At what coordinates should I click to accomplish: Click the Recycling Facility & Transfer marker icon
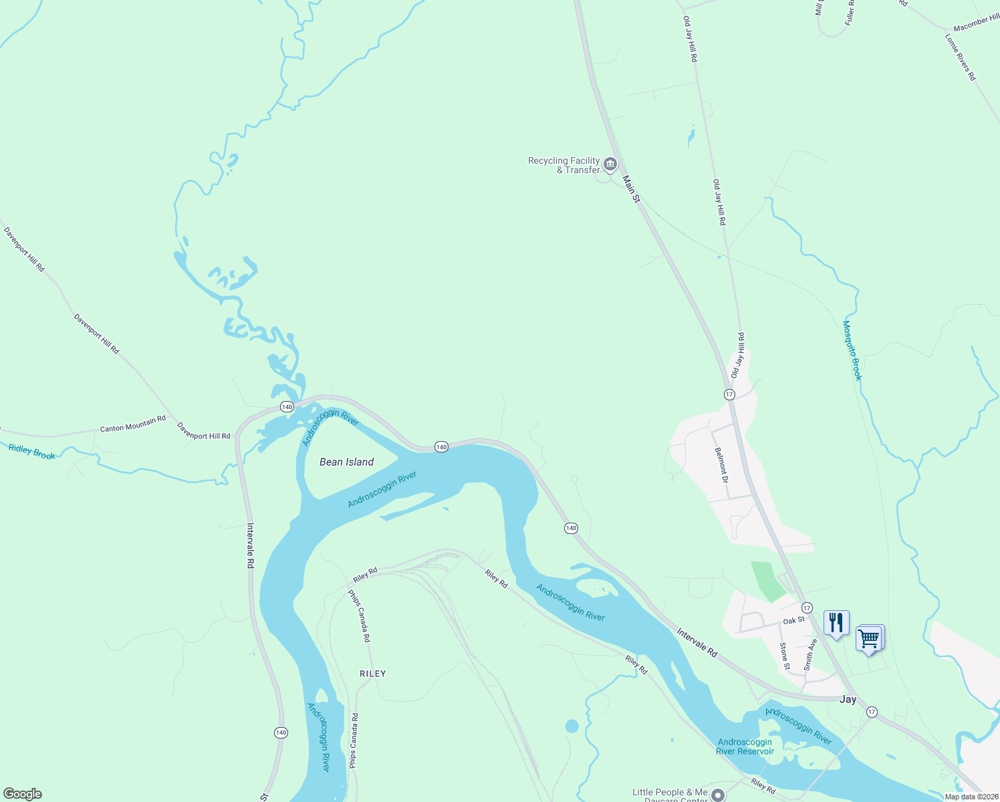click(x=610, y=164)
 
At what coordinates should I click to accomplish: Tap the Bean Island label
click(x=346, y=462)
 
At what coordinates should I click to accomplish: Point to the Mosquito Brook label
click(x=852, y=350)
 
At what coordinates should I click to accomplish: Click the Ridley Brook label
click(x=32, y=452)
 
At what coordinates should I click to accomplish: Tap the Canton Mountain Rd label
click(x=132, y=424)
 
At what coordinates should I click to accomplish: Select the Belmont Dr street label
click(x=721, y=464)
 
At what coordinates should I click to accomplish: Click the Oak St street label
click(x=793, y=621)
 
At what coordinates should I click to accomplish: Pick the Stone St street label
click(x=785, y=656)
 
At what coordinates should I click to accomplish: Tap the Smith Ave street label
click(x=810, y=654)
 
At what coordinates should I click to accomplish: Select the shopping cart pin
click(x=869, y=638)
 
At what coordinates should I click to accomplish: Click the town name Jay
click(x=848, y=699)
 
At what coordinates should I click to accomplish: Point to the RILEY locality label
click(x=372, y=674)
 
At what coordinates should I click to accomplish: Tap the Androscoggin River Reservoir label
click(x=745, y=747)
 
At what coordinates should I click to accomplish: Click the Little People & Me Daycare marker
click(x=718, y=795)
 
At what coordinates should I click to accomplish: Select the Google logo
click(x=23, y=794)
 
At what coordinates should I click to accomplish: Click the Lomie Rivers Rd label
click(x=961, y=57)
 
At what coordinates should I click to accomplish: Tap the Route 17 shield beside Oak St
click(x=807, y=608)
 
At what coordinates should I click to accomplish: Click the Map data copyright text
click(x=971, y=797)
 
